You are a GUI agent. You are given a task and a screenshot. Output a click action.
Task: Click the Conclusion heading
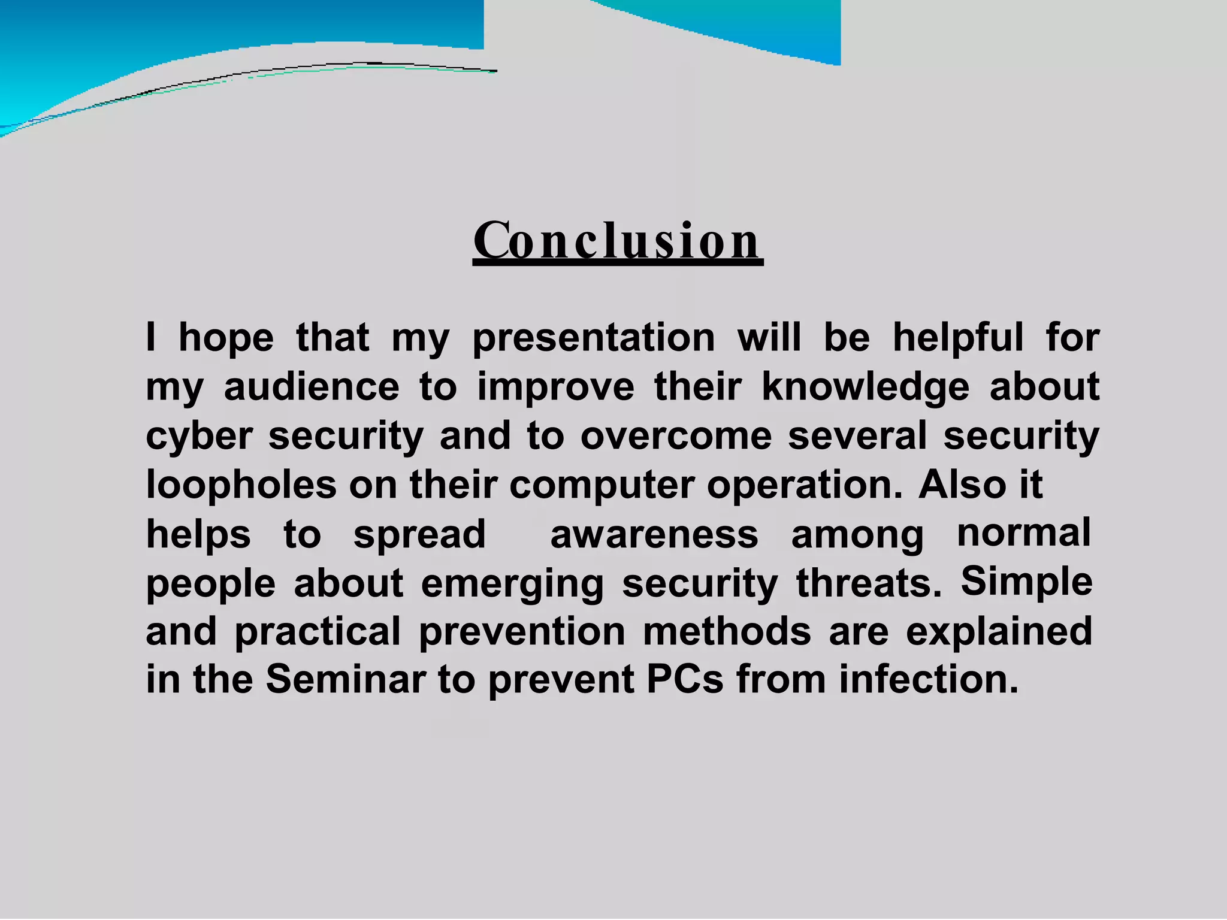click(x=618, y=241)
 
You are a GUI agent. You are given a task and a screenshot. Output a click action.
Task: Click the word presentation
click(x=594, y=338)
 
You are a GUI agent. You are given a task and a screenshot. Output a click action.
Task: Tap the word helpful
click(x=958, y=338)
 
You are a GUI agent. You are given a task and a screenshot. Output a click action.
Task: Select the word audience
click(x=311, y=387)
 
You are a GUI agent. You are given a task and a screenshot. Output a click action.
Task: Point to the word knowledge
click(x=865, y=387)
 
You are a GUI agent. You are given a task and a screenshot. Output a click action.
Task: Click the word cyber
click(x=199, y=436)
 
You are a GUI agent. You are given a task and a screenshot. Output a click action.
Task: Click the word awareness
click(x=654, y=534)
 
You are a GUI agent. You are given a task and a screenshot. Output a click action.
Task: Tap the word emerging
click(x=512, y=583)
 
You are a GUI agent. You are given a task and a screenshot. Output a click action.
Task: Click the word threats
click(x=869, y=583)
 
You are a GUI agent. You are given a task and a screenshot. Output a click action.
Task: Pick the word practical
click(x=318, y=631)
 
